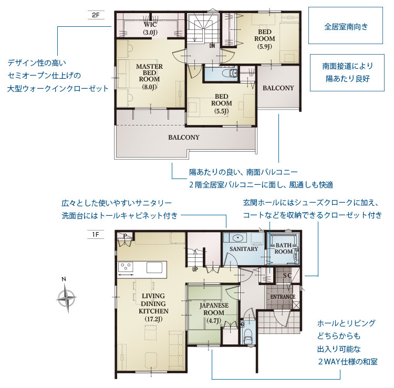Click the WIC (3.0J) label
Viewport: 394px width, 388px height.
tap(150, 28)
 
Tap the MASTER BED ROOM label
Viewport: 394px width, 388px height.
tap(150, 77)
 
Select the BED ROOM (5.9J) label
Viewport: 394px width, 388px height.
tap(265, 39)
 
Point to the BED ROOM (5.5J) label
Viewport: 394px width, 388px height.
tap(221, 103)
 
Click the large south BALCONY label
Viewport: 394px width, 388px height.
tap(184, 138)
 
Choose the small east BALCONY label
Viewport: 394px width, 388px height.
tap(278, 88)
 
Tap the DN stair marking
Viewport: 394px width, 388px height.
tap(212, 46)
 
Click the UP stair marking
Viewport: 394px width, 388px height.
tap(195, 269)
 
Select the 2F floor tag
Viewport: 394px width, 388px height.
tap(96, 15)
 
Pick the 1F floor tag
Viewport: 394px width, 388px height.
tap(96, 235)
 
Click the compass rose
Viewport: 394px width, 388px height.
tap(66, 298)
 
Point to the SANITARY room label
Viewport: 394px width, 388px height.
tap(244, 249)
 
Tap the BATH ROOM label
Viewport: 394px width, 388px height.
tap(284, 248)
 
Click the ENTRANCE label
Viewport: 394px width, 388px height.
tap(283, 297)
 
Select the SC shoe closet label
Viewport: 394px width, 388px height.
tap(287, 275)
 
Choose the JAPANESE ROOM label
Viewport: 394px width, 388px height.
tap(214, 313)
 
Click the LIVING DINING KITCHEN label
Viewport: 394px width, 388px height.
tap(153, 308)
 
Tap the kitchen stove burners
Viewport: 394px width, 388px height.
tap(126, 267)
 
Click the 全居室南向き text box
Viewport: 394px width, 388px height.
tap(346, 26)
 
